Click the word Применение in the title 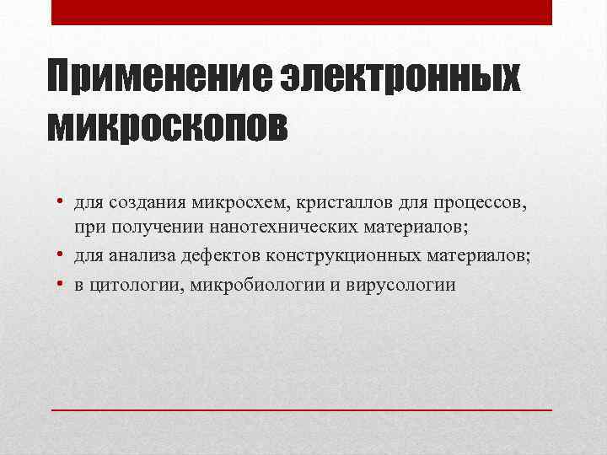[x=157, y=80]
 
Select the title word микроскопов [x=168, y=126]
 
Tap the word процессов [x=480, y=205]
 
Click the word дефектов [x=221, y=256]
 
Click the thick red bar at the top [x=302, y=12]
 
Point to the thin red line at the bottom [x=302, y=409]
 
